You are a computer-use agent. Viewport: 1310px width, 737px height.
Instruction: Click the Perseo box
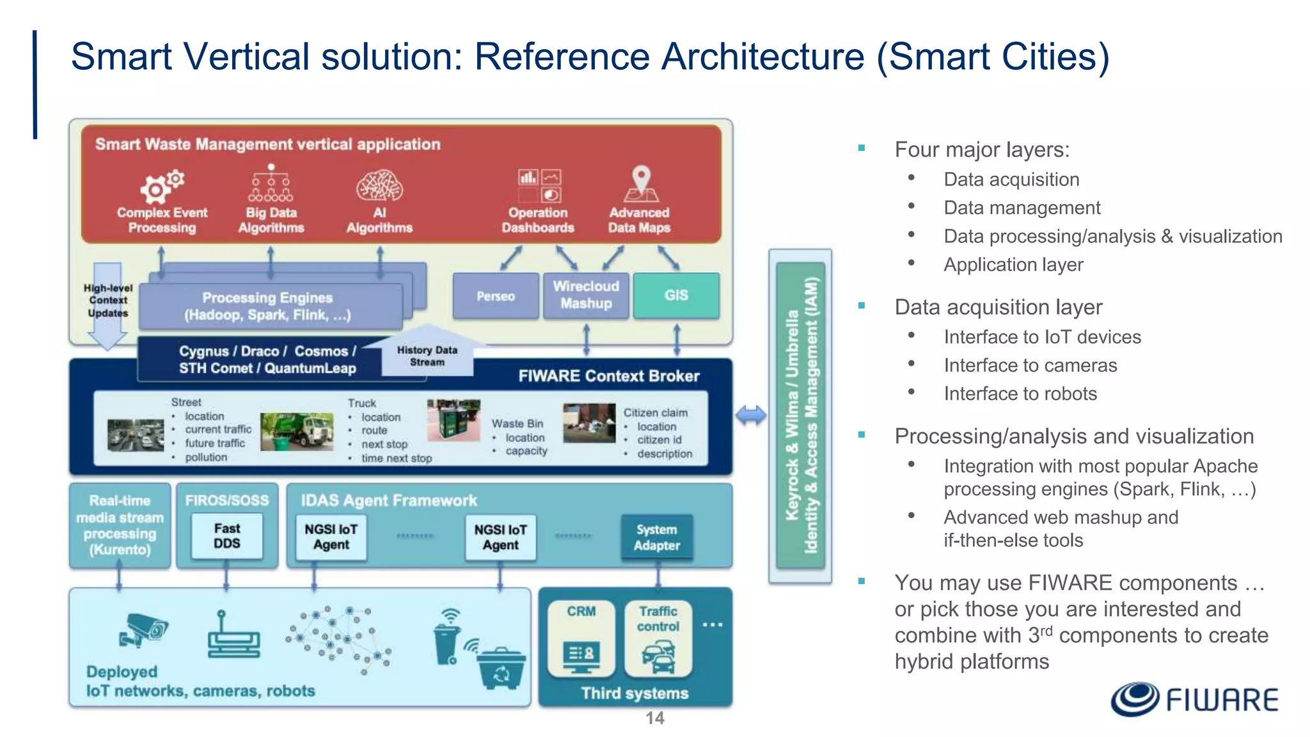[x=495, y=296]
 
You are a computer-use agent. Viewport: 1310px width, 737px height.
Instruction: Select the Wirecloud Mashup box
[x=586, y=295]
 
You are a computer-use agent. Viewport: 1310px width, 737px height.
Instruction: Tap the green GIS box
[x=676, y=295]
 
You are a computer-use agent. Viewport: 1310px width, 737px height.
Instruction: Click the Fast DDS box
[x=227, y=536]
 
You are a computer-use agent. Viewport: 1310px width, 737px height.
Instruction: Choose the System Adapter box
[x=656, y=537]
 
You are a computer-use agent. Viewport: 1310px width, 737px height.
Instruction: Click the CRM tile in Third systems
[x=581, y=638]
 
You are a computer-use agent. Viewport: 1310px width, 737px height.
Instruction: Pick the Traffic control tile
[x=658, y=638]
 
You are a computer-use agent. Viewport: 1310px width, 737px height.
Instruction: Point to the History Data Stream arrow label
[x=427, y=356]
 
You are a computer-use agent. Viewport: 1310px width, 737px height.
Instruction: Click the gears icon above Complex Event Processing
[x=161, y=186]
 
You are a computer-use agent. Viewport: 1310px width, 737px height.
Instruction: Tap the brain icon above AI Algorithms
[x=379, y=186]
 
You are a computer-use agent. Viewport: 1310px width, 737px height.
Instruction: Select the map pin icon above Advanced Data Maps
[x=640, y=184]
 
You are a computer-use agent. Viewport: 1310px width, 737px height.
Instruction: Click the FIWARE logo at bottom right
[x=1194, y=699]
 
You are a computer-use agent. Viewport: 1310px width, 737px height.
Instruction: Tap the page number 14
[x=654, y=718]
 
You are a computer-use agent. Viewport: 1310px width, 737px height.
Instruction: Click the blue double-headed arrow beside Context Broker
[x=750, y=416]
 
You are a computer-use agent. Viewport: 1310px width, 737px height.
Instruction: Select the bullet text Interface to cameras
[x=1030, y=365]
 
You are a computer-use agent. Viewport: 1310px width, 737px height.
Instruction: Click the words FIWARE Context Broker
[x=608, y=376]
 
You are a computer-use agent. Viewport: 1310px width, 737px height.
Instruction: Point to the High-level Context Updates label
[x=107, y=301]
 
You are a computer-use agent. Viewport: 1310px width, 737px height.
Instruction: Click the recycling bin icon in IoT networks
[x=502, y=669]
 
